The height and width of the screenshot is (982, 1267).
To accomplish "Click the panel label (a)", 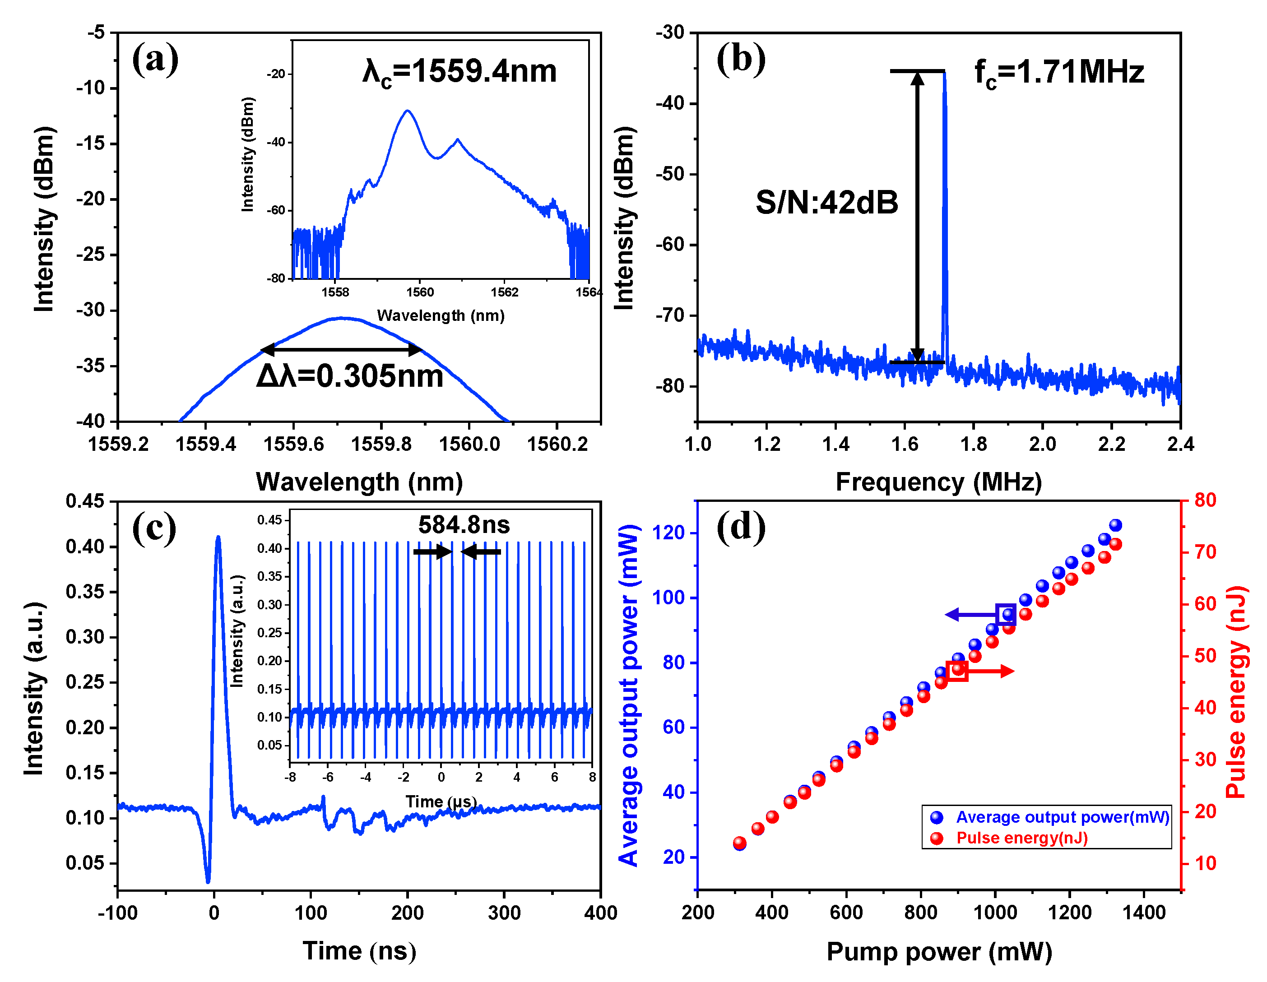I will pyautogui.click(x=154, y=60).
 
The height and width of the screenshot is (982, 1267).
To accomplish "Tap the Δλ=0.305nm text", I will pyautogui.click(x=350, y=376).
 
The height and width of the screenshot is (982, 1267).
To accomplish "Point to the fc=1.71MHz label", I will pyautogui.click(x=1059, y=73).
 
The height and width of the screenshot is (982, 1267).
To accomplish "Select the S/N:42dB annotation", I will pyautogui.click(x=826, y=203).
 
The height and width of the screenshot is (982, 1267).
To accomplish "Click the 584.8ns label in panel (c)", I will pyautogui.click(x=464, y=525).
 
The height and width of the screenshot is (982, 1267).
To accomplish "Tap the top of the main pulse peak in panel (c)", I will pyautogui.click(x=218, y=537).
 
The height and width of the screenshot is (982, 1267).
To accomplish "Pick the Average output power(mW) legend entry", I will pyautogui.click(x=1062, y=817).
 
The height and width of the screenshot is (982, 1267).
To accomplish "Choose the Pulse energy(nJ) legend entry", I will pyautogui.click(x=1021, y=838).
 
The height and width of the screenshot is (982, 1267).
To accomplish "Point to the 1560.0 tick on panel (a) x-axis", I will pyautogui.click(x=469, y=445).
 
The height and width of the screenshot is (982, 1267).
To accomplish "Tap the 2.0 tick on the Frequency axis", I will pyautogui.click(x=1043, y=445).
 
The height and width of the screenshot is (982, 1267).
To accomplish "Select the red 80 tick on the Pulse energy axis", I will pyautogui.click(x=1204, y=500).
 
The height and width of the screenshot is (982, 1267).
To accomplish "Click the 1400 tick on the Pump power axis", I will pyautogui.click(x=1143, y=913).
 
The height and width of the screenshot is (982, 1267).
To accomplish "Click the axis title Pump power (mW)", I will pyautogui.click(x=939, y=952).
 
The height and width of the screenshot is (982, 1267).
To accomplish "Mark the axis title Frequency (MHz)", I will pyautogui.click(x=939, y=482).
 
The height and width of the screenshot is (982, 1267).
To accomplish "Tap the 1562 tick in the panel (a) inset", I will pyautogui.click(x=504, y=292).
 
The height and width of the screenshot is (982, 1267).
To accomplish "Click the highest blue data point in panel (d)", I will pyautogui.click(x=1115, y=525).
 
